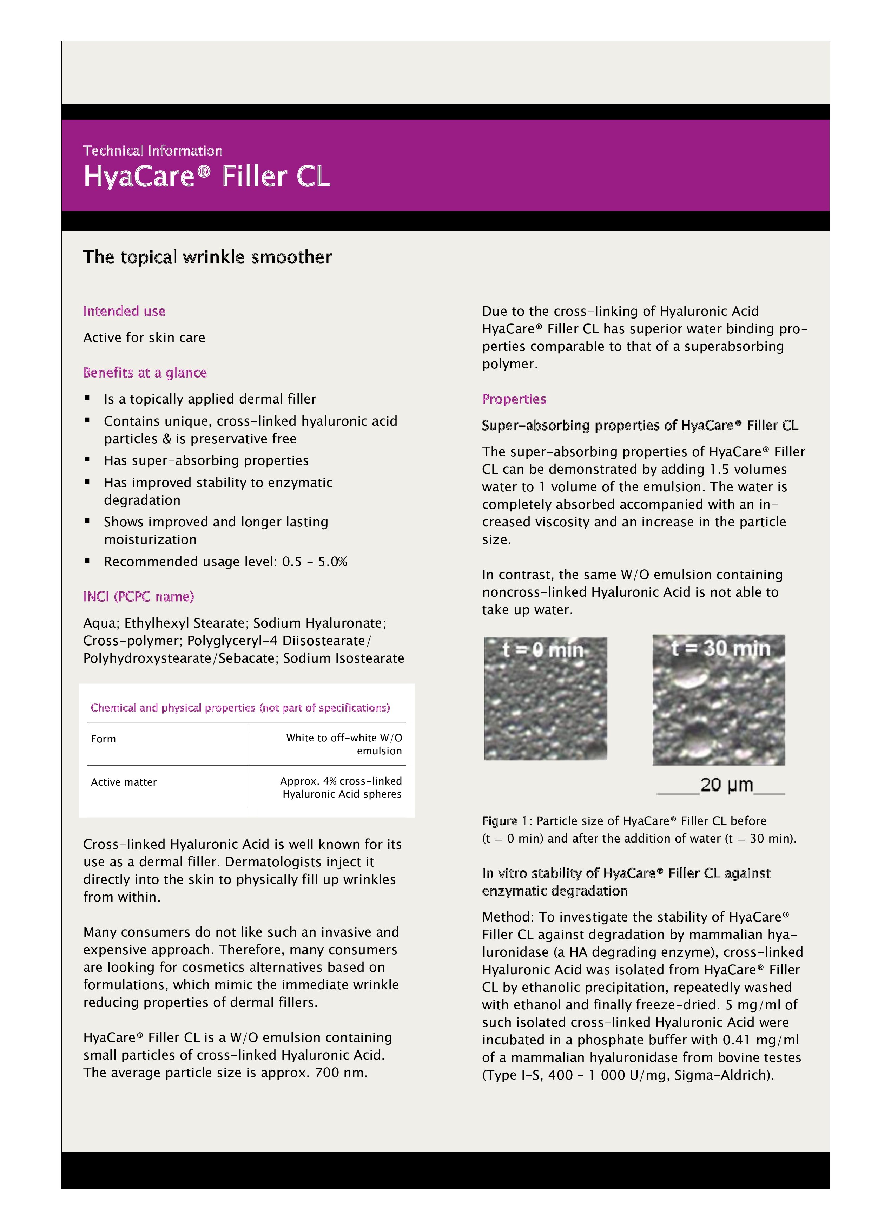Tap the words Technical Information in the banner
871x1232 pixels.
tap(152, 151)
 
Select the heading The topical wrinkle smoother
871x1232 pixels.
tap(207, 257)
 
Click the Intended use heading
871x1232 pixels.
tap(124, 311)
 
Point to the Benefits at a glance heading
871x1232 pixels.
tap(145, 373)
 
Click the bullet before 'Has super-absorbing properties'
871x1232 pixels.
tap(87, 459)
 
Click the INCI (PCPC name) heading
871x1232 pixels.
tap(138, 597)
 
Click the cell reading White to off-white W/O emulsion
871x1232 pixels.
tap(343, 744)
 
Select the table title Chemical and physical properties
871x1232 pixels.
tap(240, 708)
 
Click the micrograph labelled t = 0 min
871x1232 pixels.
tap(545, 698)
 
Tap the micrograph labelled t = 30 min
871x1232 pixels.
tap(718, 700)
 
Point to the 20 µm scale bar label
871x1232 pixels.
tap(726, 785)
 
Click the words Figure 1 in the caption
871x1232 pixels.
tap(499, 821)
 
